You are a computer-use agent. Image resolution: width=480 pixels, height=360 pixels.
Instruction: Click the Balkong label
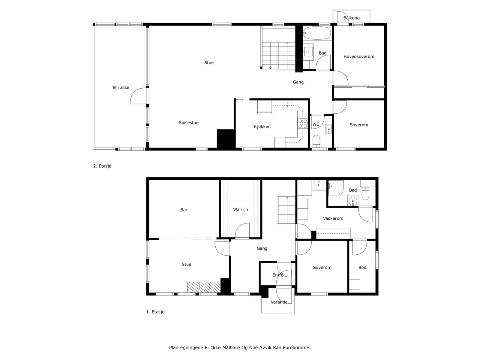click(x=351, y=18)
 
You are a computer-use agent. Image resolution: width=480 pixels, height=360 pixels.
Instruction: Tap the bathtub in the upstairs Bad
click(x=316, y=33)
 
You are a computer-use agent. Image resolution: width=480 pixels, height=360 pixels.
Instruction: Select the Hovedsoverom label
click(x=359, y=57)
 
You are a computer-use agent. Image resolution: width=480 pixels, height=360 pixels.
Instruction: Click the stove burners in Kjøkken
click(x=302, y=124)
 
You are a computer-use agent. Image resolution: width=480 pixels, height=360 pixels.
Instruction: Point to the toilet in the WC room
click(x=316, y=140)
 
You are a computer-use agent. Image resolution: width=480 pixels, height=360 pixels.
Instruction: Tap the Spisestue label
click(x=189, y=123)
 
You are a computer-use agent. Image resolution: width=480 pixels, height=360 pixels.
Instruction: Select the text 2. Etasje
click(x=102, y=166)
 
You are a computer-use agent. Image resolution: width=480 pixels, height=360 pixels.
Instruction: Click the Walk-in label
click(x=241, y=210)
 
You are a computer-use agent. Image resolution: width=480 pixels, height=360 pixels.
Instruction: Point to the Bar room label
click(x=184, y=210)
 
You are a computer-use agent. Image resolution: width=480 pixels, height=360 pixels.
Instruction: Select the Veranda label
click(x=279, y=302)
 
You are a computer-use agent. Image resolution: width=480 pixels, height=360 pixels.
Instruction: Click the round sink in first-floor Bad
click(x=353, y=200)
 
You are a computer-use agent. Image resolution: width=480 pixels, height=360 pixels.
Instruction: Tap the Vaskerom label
click(x=333, y=218)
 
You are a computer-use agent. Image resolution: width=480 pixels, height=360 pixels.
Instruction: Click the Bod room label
click(x=362, y=268)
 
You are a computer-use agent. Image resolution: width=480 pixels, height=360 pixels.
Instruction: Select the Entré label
click(x=278, y=275)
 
